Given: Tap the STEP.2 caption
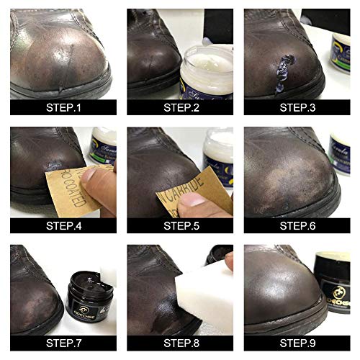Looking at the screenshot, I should pyautogui.click(x=180, y=107).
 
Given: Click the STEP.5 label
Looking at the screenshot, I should pyautogui.click(x=180, y=225).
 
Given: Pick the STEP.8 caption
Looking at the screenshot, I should pyautogui.click(x=180, y=343).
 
